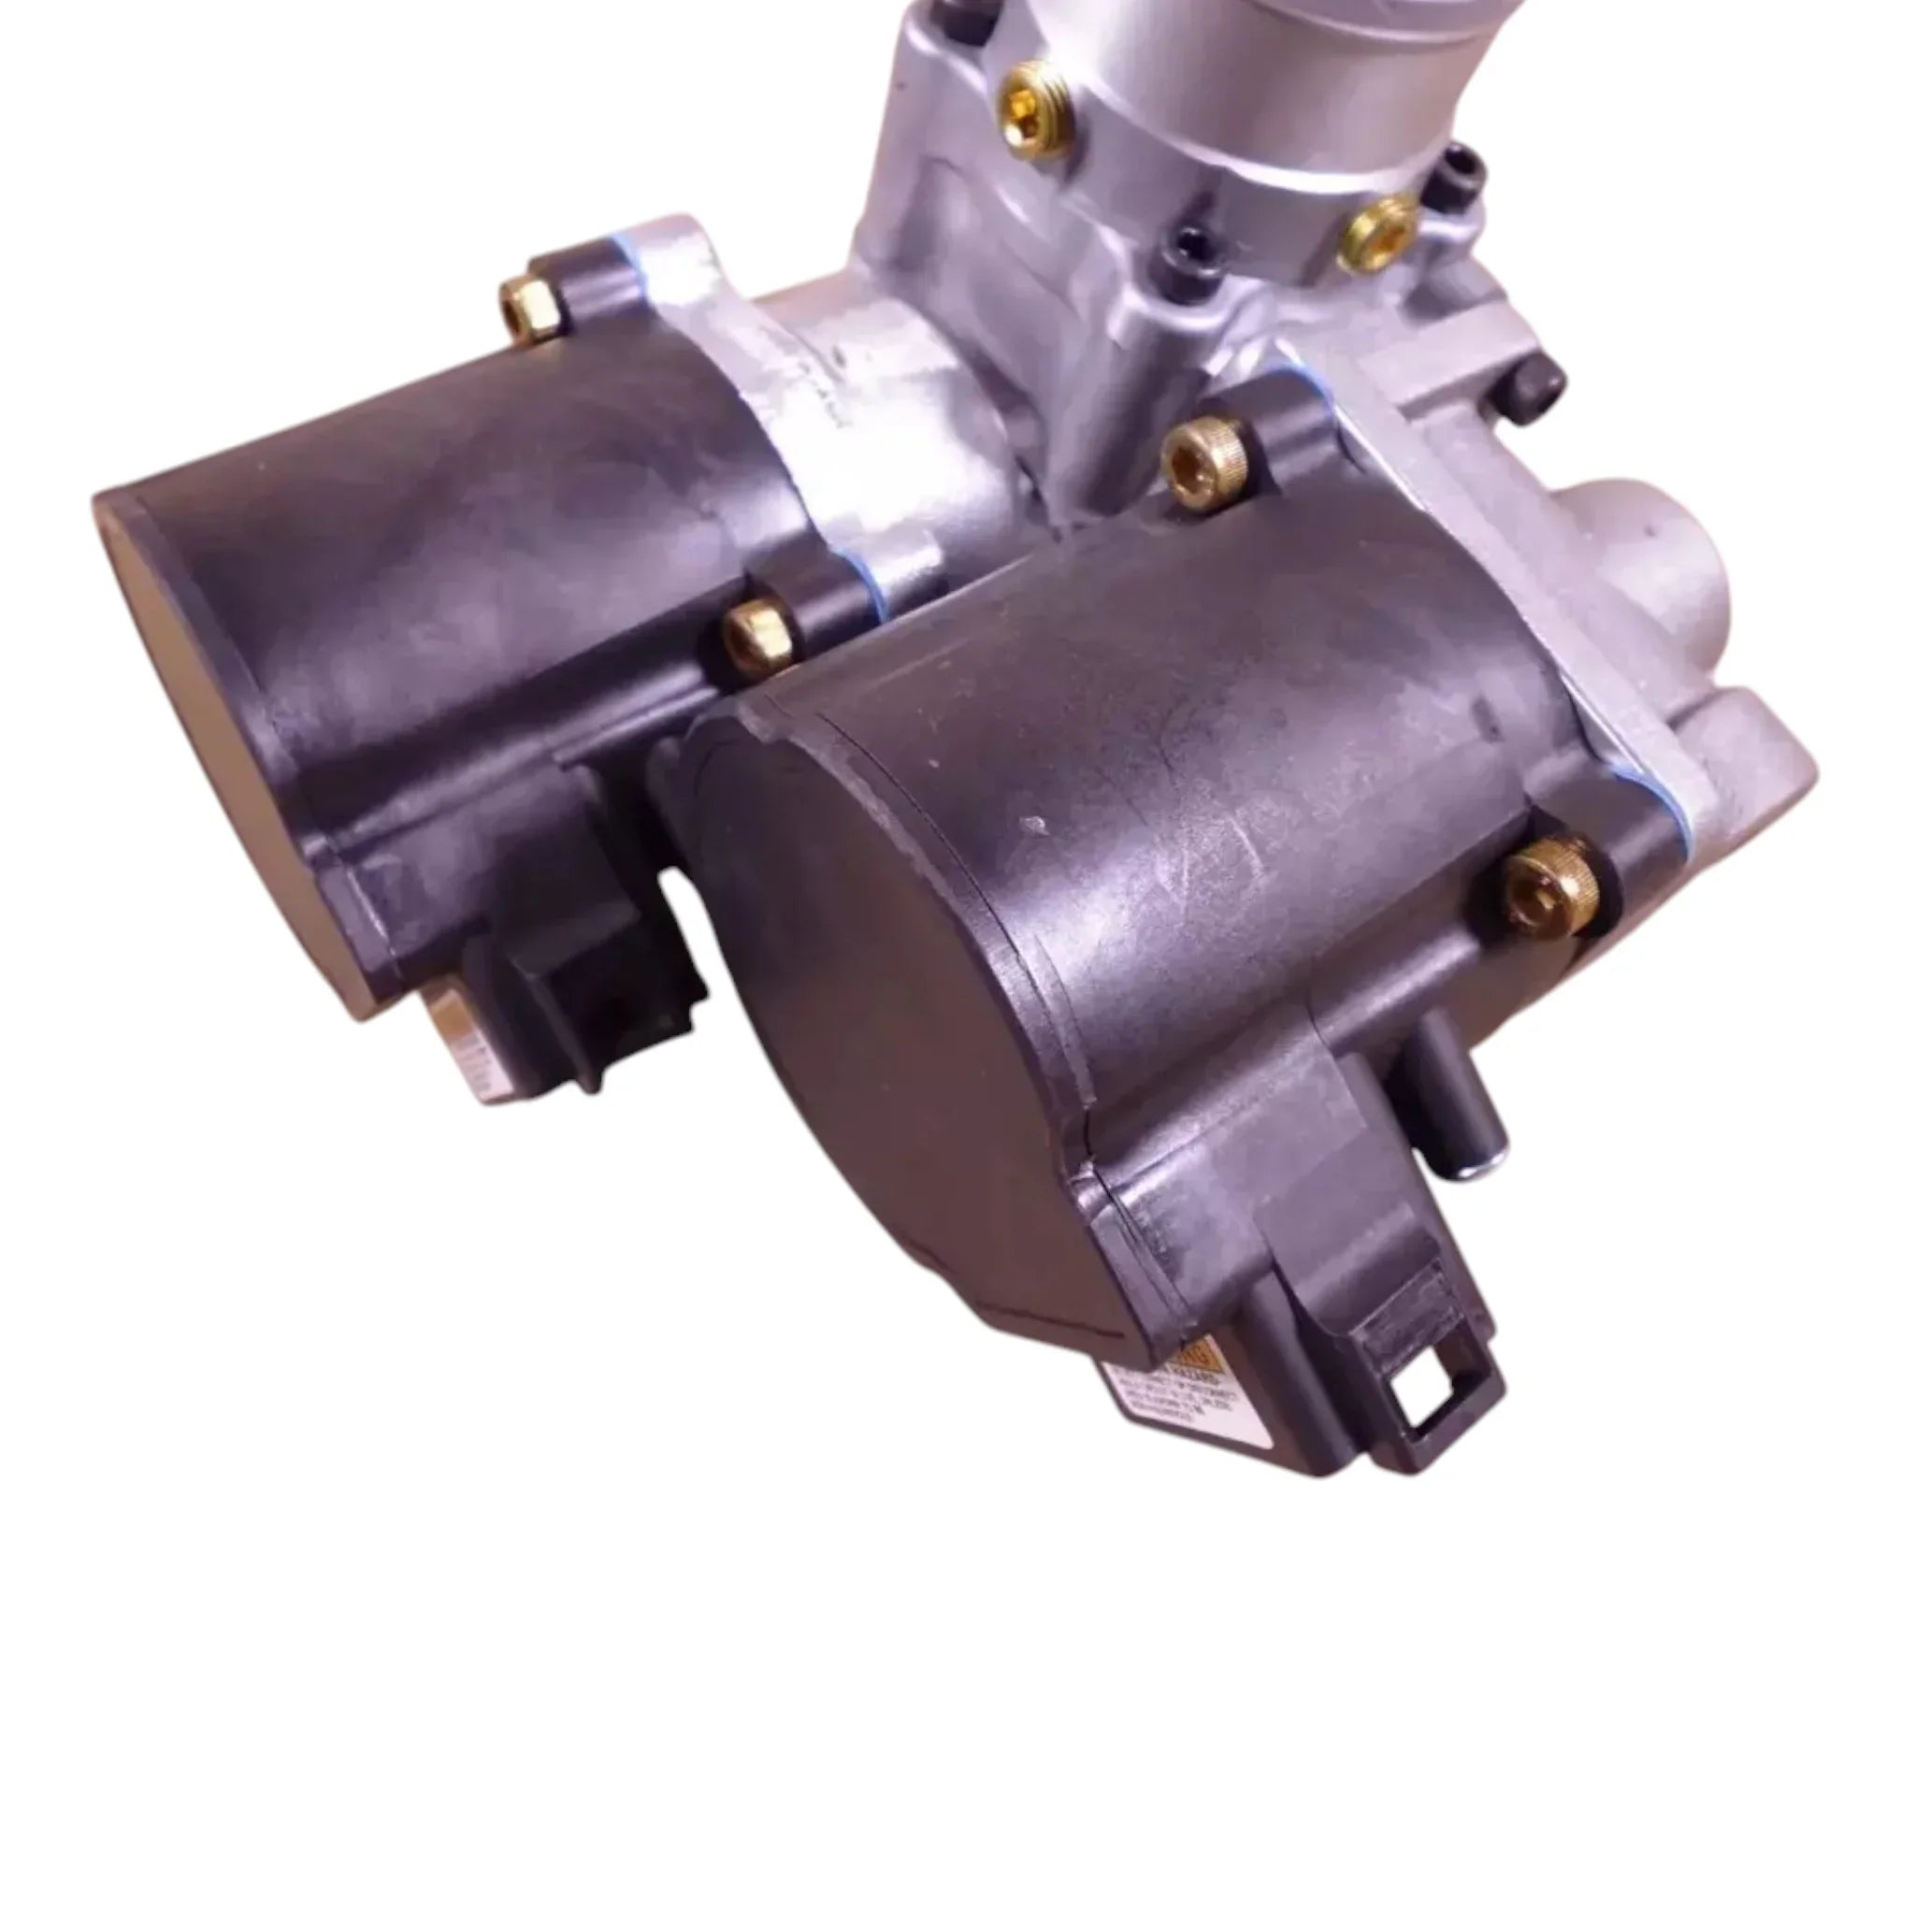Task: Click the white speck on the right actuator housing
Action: (1038, 823)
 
